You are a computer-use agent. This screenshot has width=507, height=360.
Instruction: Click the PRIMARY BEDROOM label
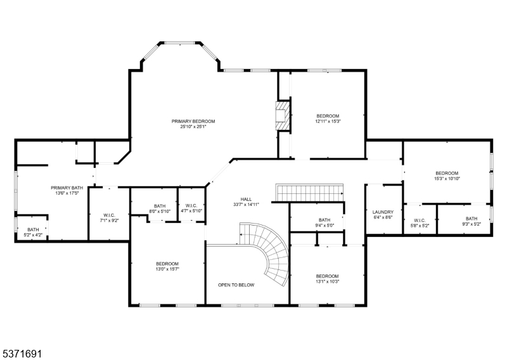(193, 121)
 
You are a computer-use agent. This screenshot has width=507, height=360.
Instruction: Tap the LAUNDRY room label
(383, 212)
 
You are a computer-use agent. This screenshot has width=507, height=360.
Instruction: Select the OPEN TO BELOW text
(236, 285)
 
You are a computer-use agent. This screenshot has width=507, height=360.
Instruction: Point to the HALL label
(246, 199)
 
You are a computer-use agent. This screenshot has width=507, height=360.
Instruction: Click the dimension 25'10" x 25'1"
(193, 127)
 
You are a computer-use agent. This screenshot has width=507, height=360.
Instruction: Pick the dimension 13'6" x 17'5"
(67, 193)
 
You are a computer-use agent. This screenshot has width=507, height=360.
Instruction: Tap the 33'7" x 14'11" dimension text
(246, 205)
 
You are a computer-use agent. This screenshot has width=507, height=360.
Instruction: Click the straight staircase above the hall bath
(309, 193)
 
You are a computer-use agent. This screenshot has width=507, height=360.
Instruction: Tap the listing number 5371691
(21, 353)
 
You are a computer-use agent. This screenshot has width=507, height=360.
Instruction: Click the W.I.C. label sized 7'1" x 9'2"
(109, 215)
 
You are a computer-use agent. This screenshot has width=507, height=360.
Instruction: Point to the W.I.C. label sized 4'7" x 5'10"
(191, 206)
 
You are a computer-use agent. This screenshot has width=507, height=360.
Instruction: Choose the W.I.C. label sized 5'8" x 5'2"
(420, 221)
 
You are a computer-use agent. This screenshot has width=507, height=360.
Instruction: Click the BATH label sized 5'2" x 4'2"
(33, 229)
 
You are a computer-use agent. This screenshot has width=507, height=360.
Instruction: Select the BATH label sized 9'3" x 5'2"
(472, 219)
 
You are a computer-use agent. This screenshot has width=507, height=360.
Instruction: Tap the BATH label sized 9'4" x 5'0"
(324, 220)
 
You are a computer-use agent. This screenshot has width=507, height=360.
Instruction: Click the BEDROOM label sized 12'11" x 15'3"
(328, 116)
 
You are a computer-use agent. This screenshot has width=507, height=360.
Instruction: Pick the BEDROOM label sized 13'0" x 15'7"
(167, 264)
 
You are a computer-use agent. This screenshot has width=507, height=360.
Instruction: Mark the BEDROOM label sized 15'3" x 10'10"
(447, 173)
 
